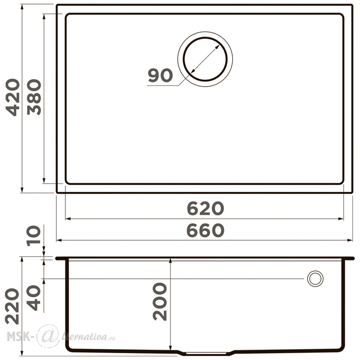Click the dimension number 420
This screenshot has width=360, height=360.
13,97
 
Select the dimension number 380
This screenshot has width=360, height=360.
34,97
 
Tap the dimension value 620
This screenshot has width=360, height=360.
205,208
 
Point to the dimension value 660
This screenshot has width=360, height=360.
205,230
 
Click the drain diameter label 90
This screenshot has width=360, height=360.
160,75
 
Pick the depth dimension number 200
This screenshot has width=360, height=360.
159,301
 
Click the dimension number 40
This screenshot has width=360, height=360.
34,298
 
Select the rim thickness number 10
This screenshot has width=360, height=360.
34,236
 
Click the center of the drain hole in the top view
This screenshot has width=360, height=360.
205,59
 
